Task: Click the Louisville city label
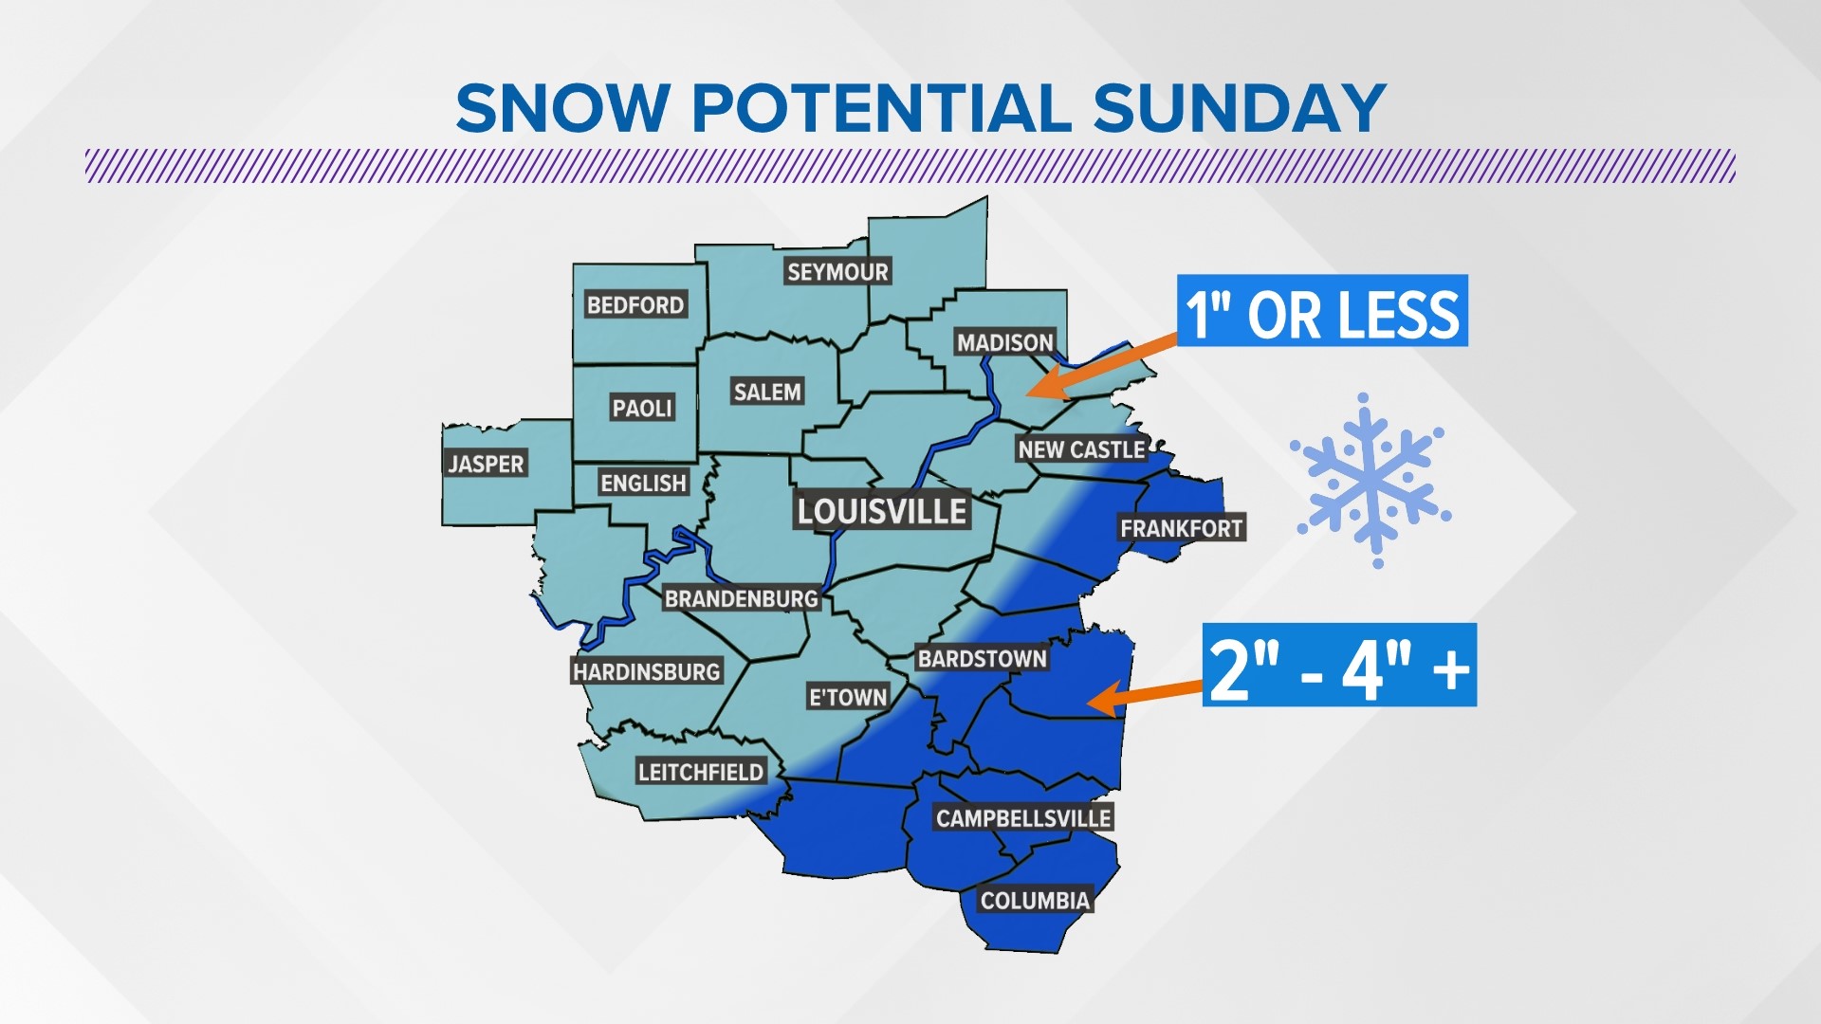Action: (881, 512)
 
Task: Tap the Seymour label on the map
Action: (837, 272)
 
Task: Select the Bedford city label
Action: (635, 305)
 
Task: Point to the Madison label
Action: (1004, 342)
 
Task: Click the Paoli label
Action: (642, 409)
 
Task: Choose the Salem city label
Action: (767, 392)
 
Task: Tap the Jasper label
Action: (486, 464)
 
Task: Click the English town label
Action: (643, 484)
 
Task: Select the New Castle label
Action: (1081, 449)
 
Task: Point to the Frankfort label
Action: (1181, 528)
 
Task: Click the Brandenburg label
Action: (741, 599)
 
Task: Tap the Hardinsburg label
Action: (646, 672)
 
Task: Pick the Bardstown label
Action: (982, 659)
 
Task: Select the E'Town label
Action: (847, 698)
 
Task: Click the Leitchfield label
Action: (700, 772)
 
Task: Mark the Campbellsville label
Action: (1022, 818)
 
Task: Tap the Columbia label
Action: (1035, 901)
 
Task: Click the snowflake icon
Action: (1370, 480)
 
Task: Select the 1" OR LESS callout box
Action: (1322, 311)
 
